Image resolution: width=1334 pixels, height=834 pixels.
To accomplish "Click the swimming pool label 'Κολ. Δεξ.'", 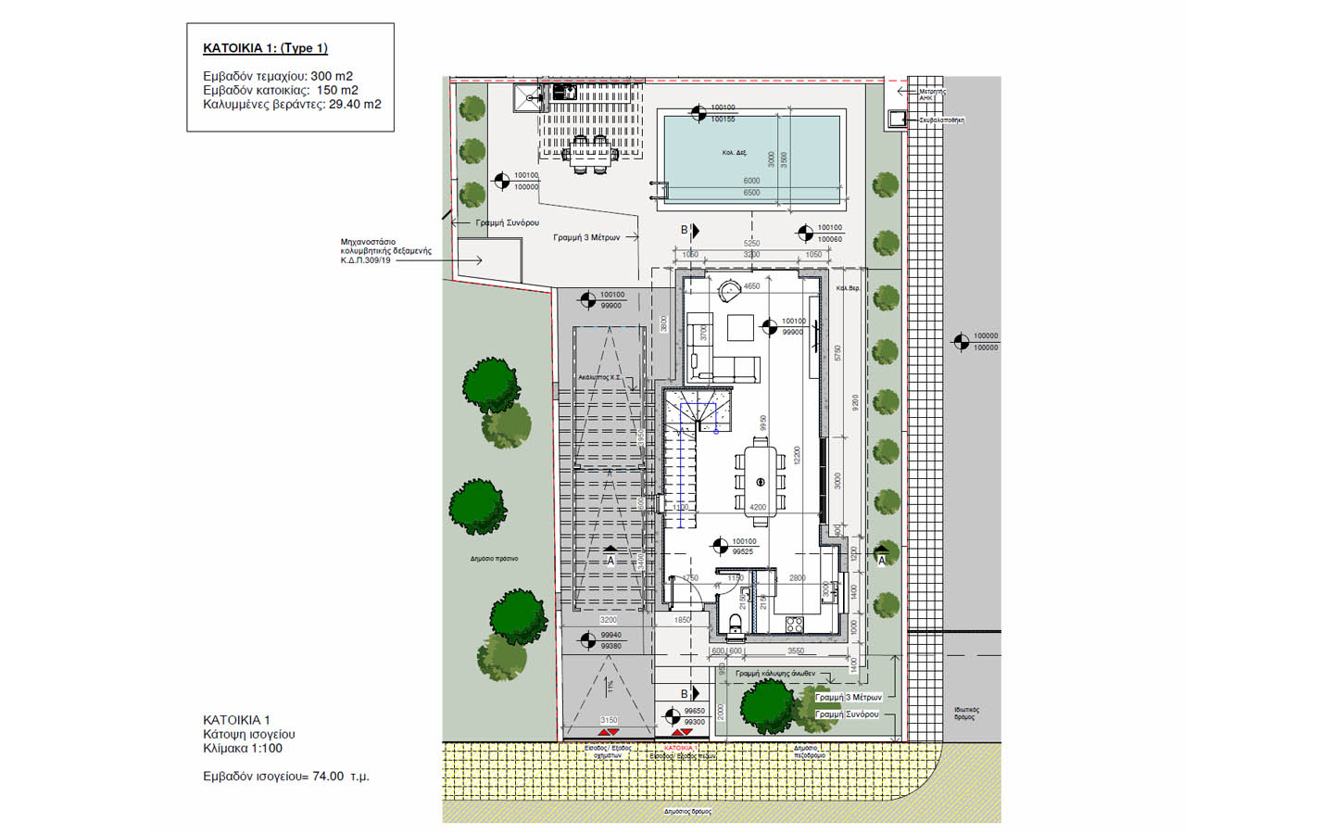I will pos(734,153).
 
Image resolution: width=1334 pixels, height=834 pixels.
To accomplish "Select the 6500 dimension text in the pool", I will pos(751,193).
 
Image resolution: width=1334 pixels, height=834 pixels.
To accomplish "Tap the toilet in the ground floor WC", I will pos(736,624).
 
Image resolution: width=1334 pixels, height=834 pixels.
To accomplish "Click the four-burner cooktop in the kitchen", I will pos(794,625).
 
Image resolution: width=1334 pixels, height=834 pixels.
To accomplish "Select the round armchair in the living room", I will pos(727,289).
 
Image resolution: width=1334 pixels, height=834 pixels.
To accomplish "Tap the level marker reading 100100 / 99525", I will pos(720,547).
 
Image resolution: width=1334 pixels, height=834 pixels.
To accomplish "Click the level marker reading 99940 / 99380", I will pos(587,640).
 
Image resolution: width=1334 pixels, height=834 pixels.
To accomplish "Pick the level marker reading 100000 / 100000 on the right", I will pos(962,342).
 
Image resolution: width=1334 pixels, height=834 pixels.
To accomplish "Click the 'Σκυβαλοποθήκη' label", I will pos(941,120).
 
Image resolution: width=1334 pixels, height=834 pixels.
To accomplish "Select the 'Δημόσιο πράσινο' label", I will pos(494,559).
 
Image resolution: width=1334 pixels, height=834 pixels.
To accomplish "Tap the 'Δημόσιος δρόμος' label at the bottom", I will pos(687,812).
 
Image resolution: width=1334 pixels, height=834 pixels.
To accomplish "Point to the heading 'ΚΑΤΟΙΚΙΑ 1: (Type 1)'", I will pos(265,48).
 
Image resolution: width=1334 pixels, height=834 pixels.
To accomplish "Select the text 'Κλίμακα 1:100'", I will pos(243,749).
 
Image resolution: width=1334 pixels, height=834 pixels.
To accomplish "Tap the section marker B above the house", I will pos(686,230).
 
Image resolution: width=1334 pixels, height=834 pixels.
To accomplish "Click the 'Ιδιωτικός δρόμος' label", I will pos(966,714).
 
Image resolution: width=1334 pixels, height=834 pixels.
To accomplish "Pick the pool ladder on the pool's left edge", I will pos(659,189).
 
